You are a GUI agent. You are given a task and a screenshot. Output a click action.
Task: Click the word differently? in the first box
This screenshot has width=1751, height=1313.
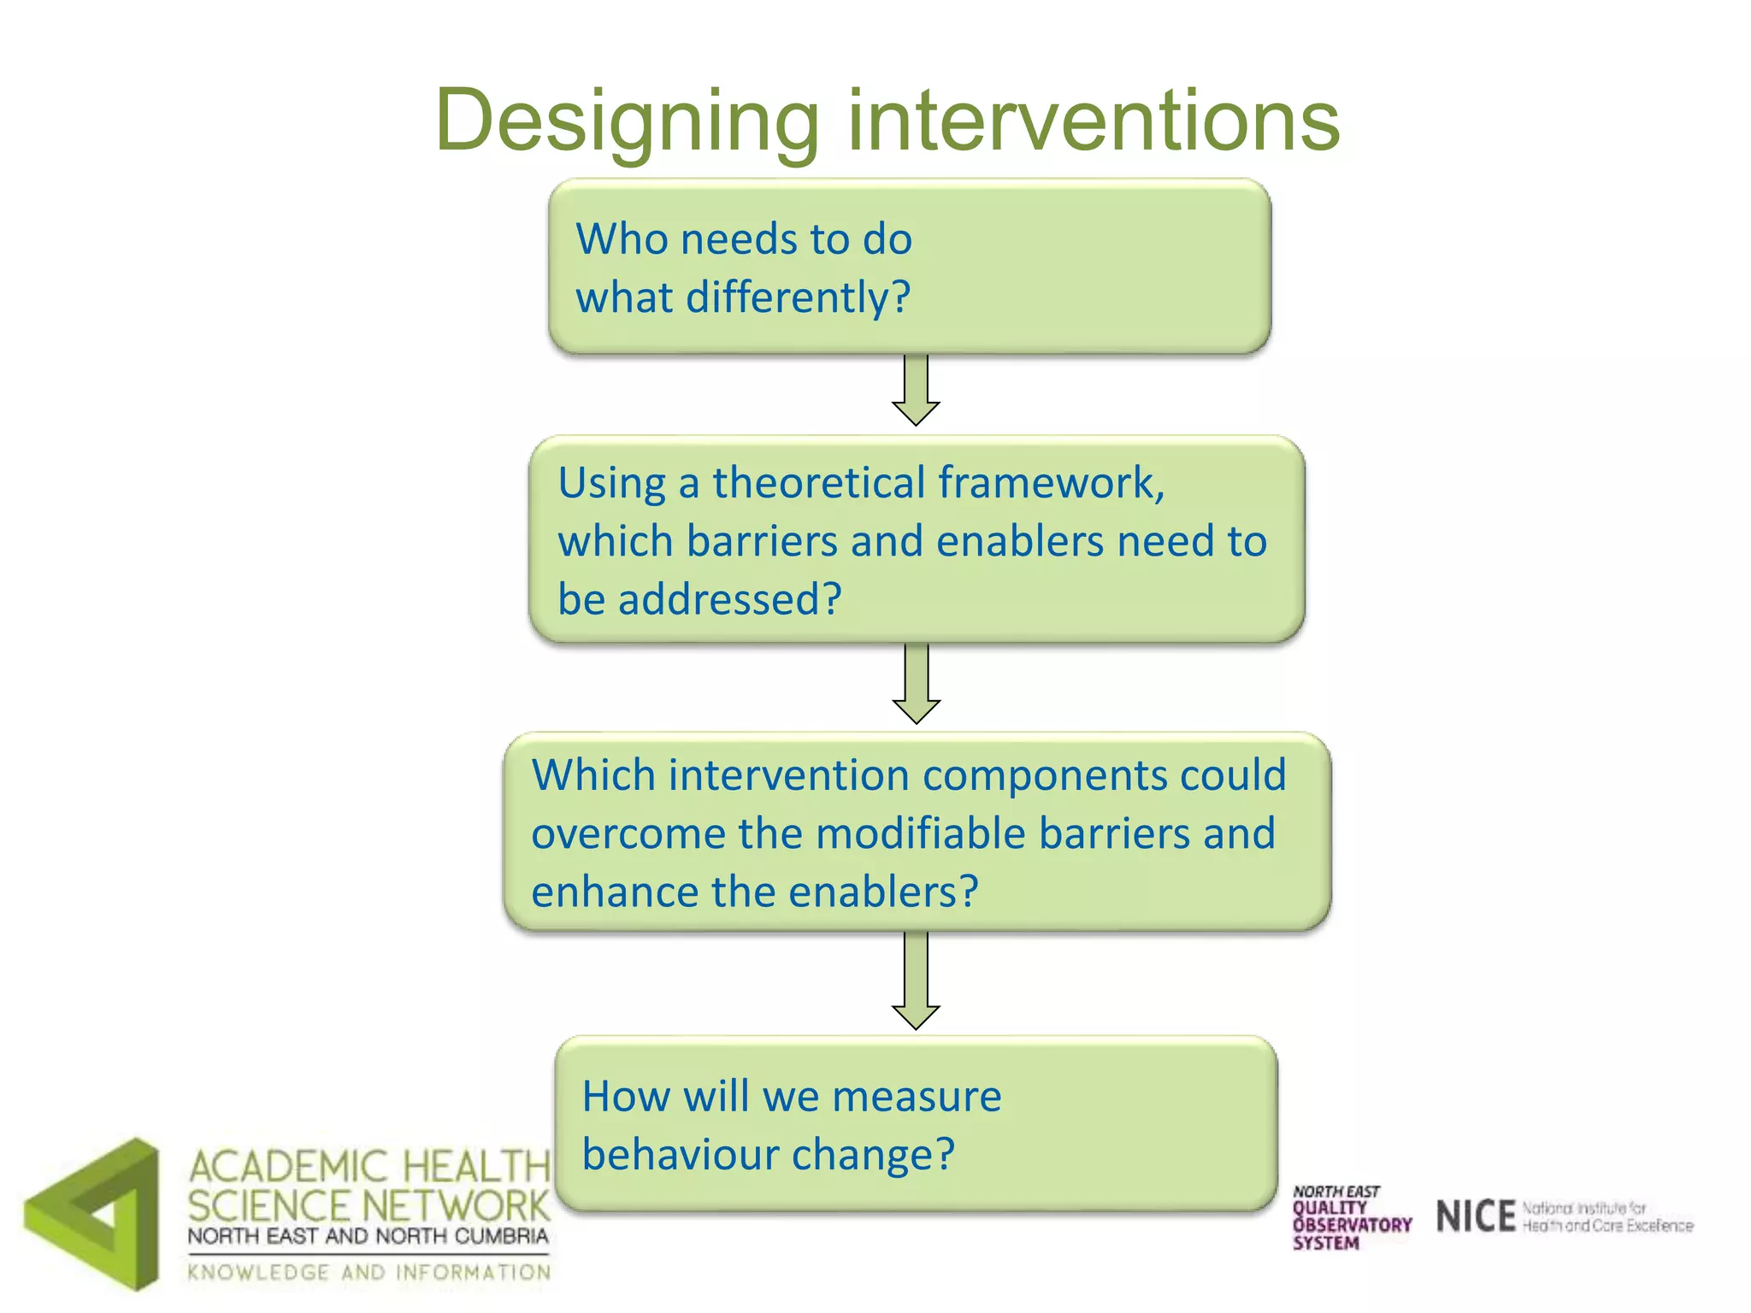[x=799, y=297]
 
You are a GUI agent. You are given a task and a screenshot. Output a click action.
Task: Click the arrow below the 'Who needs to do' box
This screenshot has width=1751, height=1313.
[x=916, y=391]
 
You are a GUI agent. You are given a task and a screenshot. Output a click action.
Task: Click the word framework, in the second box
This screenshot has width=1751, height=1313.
[x=1052, y=483]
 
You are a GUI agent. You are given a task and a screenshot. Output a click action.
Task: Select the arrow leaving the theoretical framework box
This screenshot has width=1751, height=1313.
[x=916, y=684]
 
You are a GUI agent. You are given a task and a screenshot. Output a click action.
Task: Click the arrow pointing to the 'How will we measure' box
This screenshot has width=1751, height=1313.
[x=916, y=981]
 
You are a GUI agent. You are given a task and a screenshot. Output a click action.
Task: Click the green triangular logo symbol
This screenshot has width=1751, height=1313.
[x=94, y=1215]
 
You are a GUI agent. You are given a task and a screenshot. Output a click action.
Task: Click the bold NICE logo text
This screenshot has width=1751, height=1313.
[x=1476, y=1216]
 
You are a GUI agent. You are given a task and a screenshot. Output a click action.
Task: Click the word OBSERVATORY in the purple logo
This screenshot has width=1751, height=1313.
[x=1352, y=1225]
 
